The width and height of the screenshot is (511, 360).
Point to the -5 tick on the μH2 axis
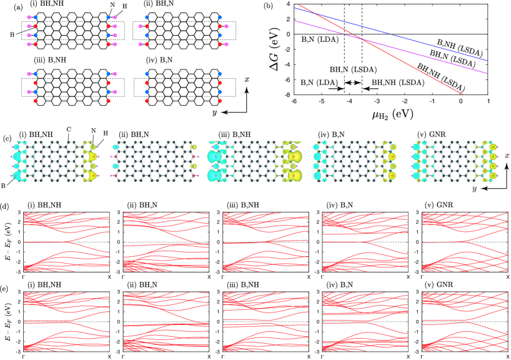(x=321, y=102)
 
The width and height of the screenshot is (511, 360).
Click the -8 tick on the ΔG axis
(x=287, y=96)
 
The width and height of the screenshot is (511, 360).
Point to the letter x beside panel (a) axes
(x=247, y=79)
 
